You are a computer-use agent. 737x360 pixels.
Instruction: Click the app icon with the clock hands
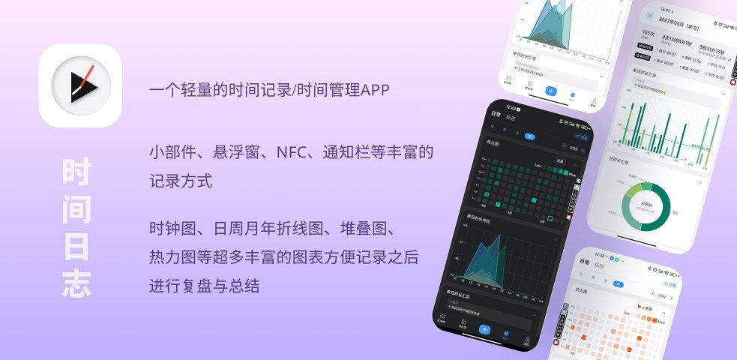80,85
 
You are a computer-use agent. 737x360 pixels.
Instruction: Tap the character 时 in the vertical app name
77,173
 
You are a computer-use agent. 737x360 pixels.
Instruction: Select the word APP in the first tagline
376,90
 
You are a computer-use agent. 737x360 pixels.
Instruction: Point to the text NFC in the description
294,153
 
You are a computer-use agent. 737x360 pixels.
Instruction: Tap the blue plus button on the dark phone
485,329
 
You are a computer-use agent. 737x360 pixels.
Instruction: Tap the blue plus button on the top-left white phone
551,91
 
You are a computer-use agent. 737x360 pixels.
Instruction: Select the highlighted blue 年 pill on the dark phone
529,136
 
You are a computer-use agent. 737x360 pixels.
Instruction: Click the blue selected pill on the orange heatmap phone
619,284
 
